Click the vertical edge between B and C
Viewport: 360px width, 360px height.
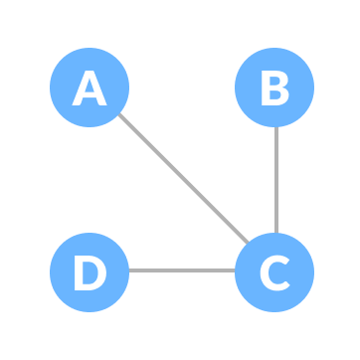click(274, 180)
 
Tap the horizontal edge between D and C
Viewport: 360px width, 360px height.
click(182, 270)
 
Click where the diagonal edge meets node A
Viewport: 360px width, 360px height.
click(118, 115)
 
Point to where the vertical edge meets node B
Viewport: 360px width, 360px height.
click(274, 127)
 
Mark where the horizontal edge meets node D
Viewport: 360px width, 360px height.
click(129, 270)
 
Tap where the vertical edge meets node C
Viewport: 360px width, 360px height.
click(274, 233)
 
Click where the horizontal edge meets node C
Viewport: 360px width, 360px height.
click(235, 270)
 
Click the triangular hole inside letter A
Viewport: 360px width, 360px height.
click(90, 87)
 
